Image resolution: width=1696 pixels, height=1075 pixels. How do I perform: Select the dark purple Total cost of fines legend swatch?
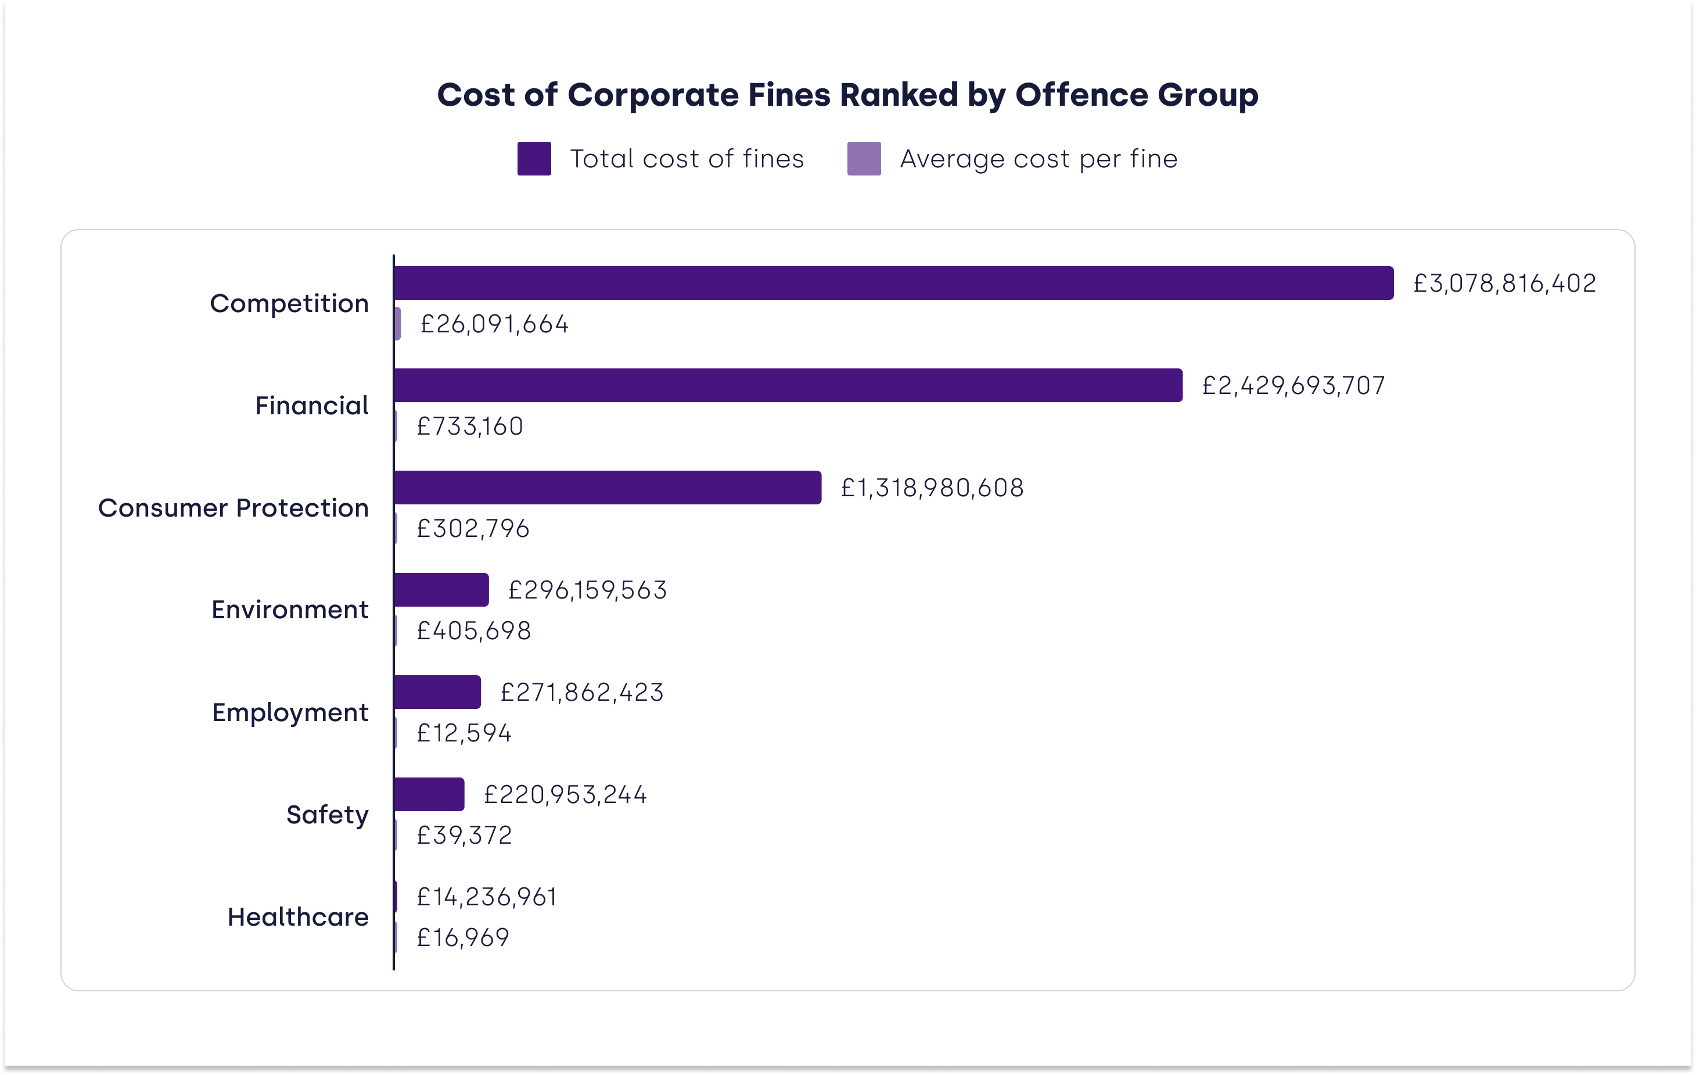click(534, 159)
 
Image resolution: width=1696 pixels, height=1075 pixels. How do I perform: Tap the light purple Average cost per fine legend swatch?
click(864, 159)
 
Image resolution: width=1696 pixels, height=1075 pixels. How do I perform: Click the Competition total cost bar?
click(893, 283)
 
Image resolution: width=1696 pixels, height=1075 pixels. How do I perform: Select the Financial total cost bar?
click(788, 385)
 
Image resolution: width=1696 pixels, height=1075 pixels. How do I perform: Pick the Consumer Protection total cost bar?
click(607, 488)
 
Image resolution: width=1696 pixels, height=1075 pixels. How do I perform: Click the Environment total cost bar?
click(441, 590)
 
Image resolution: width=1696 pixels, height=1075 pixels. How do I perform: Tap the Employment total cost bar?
click(437, 691)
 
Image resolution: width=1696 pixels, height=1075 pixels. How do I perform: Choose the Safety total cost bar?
click(429, 794)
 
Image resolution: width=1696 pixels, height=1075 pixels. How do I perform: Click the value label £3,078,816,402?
click(1504, 283)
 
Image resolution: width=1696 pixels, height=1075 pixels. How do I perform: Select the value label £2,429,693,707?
click(1293, 385)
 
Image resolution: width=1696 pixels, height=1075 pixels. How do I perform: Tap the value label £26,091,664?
click(494, 324)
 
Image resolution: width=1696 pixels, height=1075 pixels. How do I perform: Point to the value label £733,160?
click(470, 426)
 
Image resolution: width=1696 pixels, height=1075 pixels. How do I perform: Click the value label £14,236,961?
click(487, 897)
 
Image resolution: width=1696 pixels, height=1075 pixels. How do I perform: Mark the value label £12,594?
click(463, 733)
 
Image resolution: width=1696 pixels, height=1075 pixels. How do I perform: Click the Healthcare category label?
click(298, 916)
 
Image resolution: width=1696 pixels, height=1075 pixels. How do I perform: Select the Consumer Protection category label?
click(233, 508)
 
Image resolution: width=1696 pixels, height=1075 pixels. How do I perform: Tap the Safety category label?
click(328, 814)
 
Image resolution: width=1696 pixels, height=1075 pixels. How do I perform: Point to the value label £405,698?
click(473, 630)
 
